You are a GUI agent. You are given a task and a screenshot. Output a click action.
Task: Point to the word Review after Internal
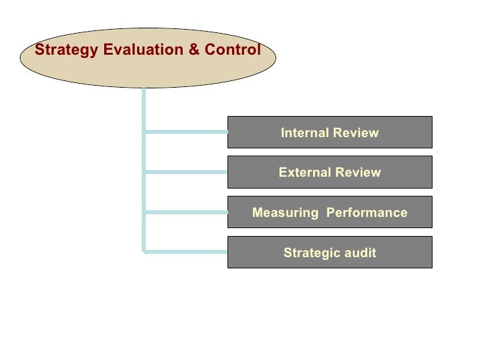pos(356,133)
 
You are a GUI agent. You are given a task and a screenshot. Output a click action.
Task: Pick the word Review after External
pos(357,173)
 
